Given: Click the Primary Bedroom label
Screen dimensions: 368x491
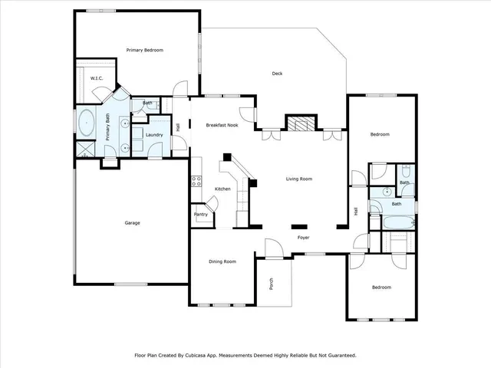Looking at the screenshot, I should [145, 50].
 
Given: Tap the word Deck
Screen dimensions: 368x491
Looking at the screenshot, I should [278, 74].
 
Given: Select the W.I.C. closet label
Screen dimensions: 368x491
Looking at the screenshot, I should [97, 78].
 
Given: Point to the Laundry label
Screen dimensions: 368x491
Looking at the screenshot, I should [154, 134].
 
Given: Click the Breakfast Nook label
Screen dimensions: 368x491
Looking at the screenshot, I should [222, 125].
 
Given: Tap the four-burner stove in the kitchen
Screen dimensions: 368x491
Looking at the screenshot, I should [196, 182].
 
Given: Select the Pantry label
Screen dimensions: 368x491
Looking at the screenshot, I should [200, 215].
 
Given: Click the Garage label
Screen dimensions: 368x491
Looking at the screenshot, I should [133, 223].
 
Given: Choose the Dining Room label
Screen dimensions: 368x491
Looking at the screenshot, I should [222, 261].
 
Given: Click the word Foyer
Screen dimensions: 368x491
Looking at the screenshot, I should [303, 238].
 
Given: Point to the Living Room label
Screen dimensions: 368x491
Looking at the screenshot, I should [298, 179].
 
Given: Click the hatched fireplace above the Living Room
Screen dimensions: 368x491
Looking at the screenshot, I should [299, 124].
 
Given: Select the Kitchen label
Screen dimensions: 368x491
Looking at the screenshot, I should [222, 189].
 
